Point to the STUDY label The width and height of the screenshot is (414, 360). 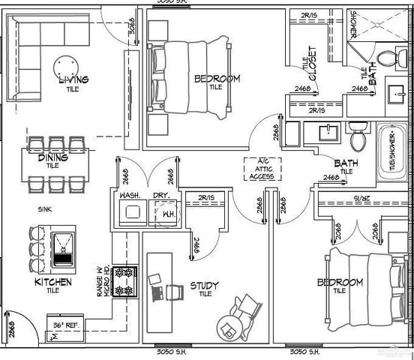pyautogui.click(x=205, y=286)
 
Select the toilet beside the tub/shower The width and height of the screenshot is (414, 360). pyautogui.click(x=358, y=138)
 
